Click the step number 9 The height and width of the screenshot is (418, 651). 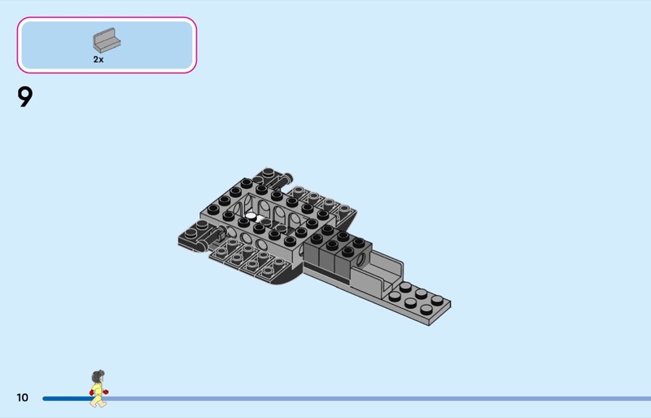pos(25,97)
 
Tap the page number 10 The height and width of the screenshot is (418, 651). pos(23,398)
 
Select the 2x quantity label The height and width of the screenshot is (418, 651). pos(98,59)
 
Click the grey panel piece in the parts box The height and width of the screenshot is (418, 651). pos(107,41)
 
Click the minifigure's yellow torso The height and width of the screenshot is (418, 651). pos(98,389)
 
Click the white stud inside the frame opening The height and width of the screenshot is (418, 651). pos(251,216)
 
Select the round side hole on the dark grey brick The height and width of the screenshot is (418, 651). pos(360,260)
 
